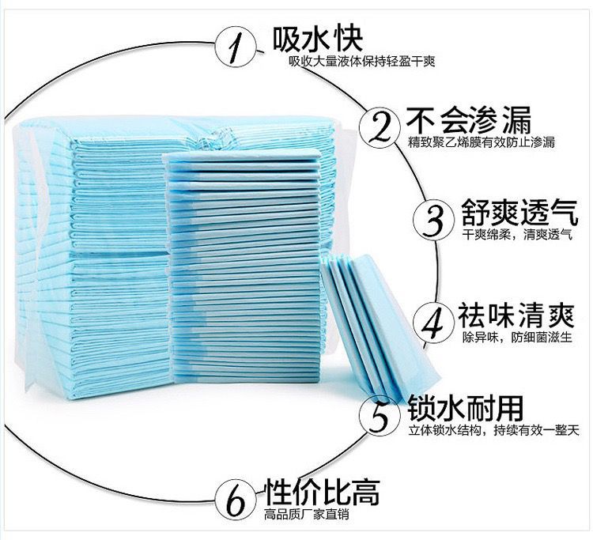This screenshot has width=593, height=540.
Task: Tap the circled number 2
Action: point(379,127)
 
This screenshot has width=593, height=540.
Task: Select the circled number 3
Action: point(432,220)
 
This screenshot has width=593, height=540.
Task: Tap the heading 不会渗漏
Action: point(470,120)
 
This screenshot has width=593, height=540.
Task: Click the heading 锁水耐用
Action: point(465,408)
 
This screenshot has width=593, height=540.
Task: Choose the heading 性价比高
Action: point(323,491)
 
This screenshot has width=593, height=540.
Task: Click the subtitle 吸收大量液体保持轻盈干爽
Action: point(361,62)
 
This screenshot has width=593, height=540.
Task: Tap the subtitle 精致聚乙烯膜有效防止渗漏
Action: point(482,143)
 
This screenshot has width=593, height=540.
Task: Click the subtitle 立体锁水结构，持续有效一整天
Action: point(494,431)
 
